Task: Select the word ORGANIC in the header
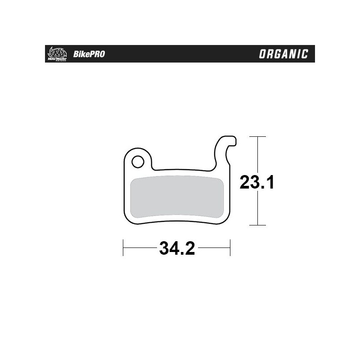pyautogui.click(x=283, y=54)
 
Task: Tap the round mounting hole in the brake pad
pyautogui.click(x=137, y=161)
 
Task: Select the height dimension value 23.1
pyautogui.click(x=257, y=183)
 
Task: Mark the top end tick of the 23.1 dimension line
pyautogui.click(x=257, y=136)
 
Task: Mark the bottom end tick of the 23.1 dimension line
pyautogui.click(x=257, y=225)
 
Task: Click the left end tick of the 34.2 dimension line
pyautogui.click(x=123, y=247)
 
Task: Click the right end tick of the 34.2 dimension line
pyautogui.click(x=230, y=247)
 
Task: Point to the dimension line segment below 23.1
pyautogui.click(x=257, y=209)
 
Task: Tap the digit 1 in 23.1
pyautogui.click(x=270, y=183)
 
